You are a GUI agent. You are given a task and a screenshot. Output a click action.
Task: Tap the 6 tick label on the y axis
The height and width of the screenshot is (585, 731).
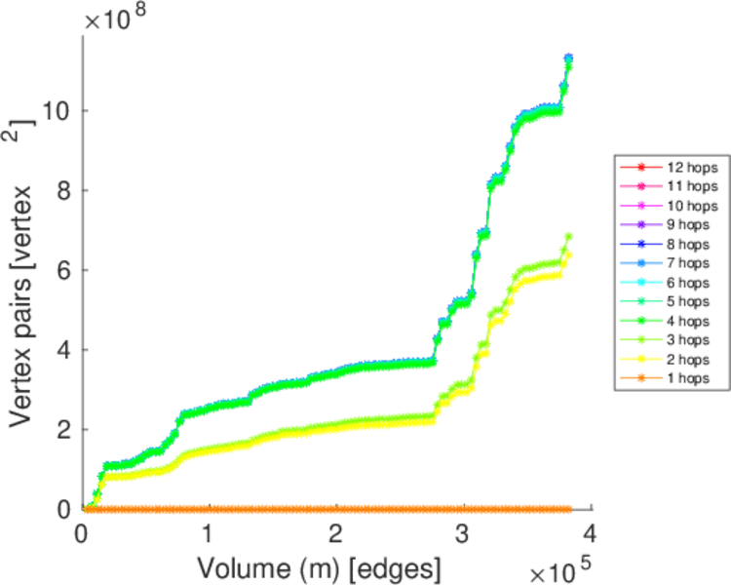[x=64, y=270]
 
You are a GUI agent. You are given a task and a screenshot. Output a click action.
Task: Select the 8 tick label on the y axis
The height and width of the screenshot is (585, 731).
[x=64, y=190]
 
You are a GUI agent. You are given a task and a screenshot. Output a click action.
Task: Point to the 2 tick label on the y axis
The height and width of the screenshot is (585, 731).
[x=64, y=429]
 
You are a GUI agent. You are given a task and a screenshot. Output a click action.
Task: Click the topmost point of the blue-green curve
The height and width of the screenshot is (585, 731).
[x=568, y=58]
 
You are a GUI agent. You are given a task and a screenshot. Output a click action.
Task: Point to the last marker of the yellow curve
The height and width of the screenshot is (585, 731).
[x=568, y=255]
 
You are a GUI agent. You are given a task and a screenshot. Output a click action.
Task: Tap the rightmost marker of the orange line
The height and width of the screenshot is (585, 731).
[x=568, y=509]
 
